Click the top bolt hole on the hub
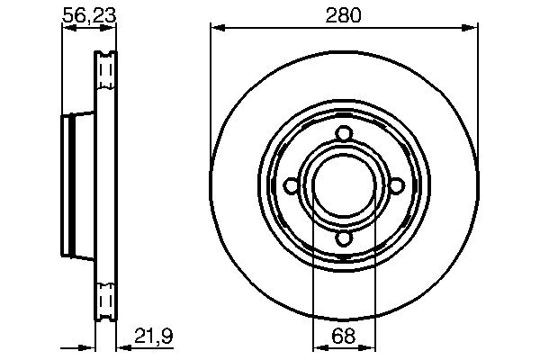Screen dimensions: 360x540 pyautogui.click(x=343, y=134)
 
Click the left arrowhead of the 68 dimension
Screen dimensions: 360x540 pyautogui.click(x=316, y=346)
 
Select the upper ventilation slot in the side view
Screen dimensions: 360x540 pyautogui.click(x=106, y=68)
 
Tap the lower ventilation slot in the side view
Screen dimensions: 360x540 pyautogui.click(x=106, y=297)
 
